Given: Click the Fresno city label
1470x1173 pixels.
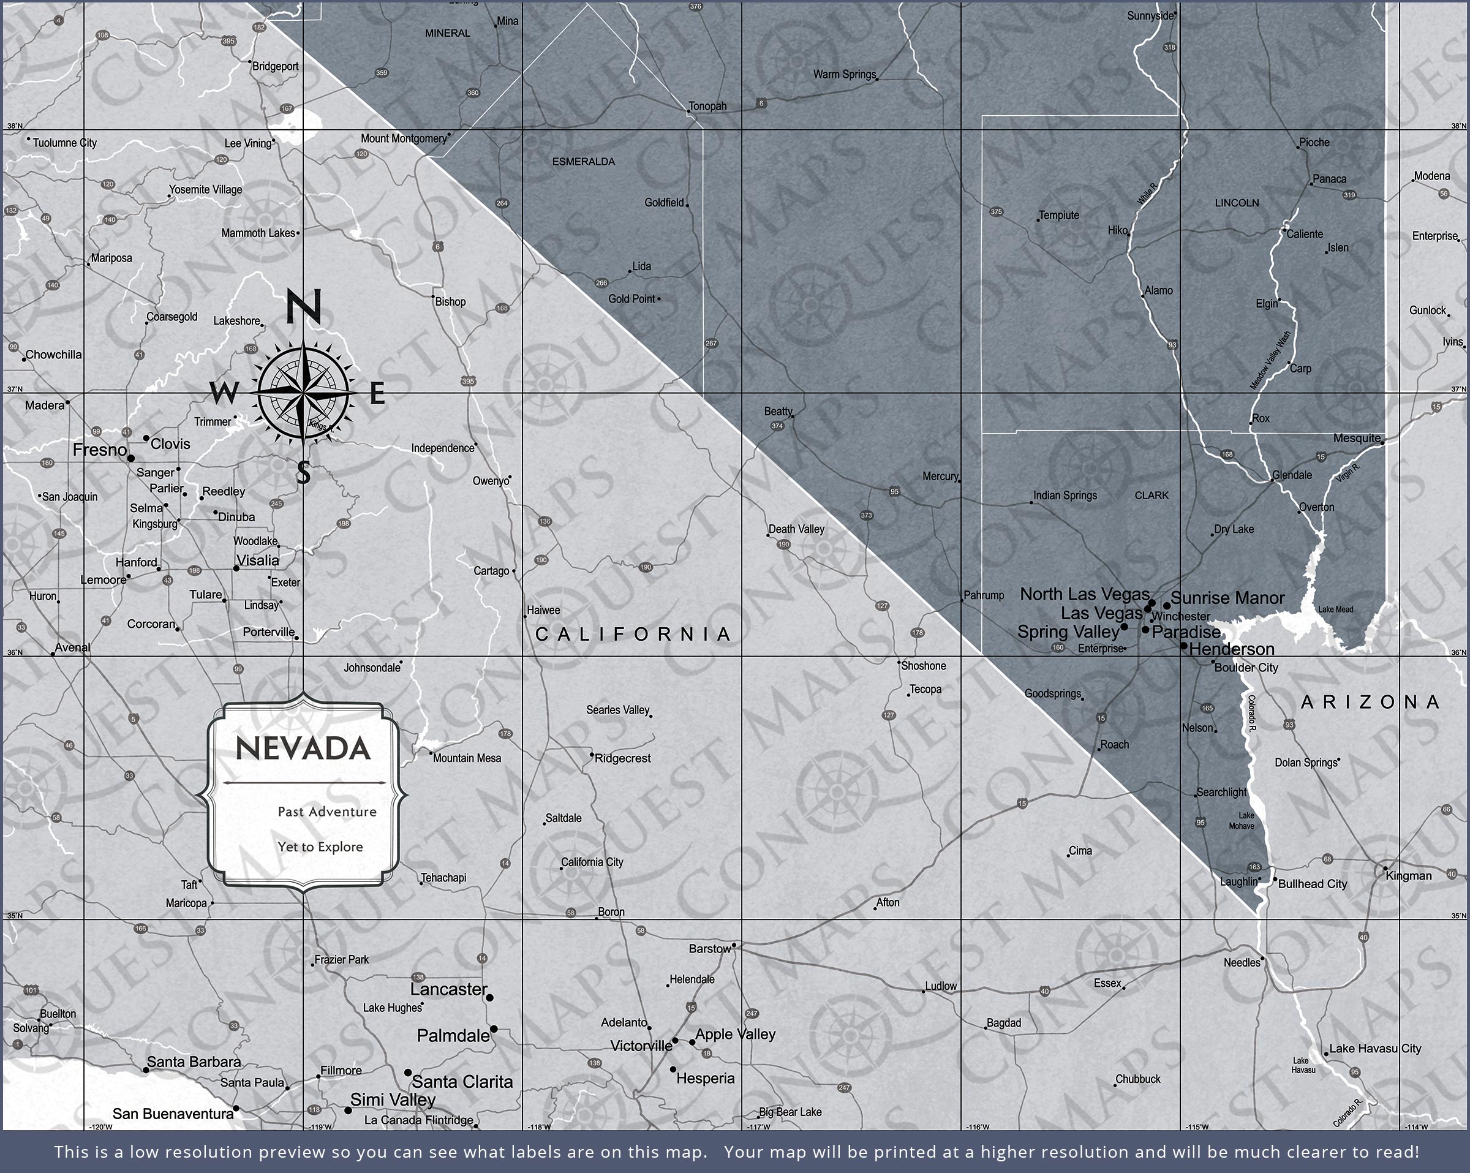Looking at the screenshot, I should [x=100, y=450].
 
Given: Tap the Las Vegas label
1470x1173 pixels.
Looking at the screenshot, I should [x=1101, y=613].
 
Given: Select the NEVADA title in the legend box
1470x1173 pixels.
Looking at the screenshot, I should [x=303, y=748].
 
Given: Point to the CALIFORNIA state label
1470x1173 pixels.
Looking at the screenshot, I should [x=633, y=634].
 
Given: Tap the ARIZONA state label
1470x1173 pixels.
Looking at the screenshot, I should [x=1370, y=702].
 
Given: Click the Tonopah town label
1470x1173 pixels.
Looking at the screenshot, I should [x=707, y=107].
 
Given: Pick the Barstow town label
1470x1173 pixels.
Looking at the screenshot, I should [x=709, y=949].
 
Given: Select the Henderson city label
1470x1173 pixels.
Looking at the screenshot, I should [x=1231, y=649].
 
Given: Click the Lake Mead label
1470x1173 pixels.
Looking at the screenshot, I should [x=1335, y=609].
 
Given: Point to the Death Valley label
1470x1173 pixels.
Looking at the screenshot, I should [x=796, y=529].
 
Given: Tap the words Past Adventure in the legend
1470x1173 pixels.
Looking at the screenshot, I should [x=326, y=812].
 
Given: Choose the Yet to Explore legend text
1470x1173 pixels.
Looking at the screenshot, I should [x=320, y=847].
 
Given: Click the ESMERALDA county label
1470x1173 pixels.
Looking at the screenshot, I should [x=583, y=162].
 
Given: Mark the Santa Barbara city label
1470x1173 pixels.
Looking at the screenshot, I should [x=194, y=1062].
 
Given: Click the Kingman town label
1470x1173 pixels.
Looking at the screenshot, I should [x=1409, y=876].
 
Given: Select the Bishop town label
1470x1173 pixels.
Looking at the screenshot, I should [x=450, y=301].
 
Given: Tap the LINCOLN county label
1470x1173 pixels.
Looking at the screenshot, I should [x=1237, y=203].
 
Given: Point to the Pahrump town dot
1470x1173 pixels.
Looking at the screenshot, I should [x=962, y=601].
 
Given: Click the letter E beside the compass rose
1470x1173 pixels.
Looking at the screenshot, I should [x=377, y=393].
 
